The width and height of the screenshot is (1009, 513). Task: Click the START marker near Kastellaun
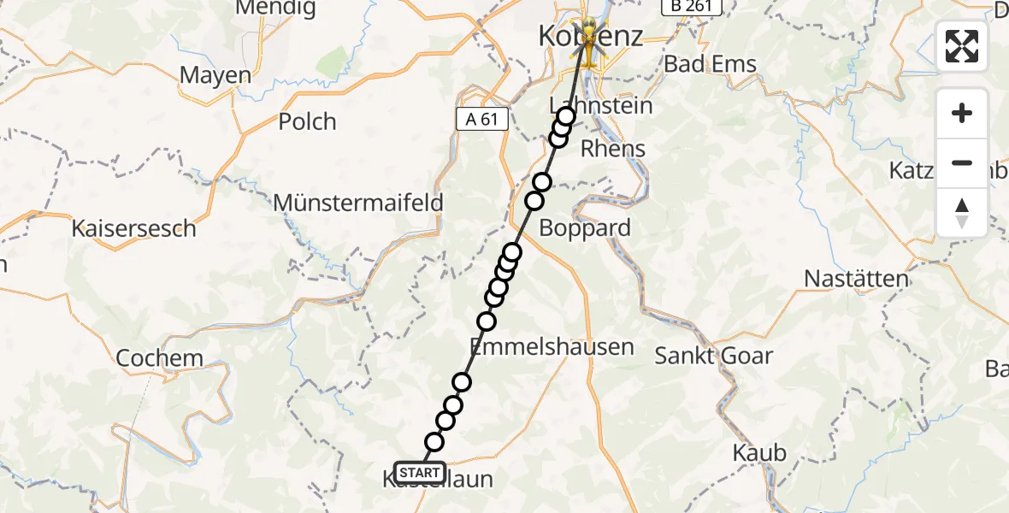(419, 472)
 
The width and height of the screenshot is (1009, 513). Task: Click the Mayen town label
(215, 75)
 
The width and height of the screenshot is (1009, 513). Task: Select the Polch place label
(307, 121)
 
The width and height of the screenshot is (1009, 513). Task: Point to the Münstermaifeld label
(358, 203)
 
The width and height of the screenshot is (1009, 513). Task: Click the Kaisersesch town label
(134, 229)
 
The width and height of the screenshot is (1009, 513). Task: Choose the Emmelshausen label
(552, 347)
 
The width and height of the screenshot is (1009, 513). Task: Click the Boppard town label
(585, 228)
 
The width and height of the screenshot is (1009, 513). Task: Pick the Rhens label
(612, 149)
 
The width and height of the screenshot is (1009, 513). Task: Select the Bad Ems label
(711, 64)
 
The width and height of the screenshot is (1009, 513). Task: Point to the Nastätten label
(856, 279)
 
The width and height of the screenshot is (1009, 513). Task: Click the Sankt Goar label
(713, 356)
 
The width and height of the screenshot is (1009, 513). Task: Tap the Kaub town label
(759, 452)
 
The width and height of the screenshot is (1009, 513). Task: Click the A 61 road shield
(481, 119)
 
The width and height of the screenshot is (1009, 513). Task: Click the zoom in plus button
(962, 113)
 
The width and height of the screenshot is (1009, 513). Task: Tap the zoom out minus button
(962, 162)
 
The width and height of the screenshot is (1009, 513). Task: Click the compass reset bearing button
(962, 212)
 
